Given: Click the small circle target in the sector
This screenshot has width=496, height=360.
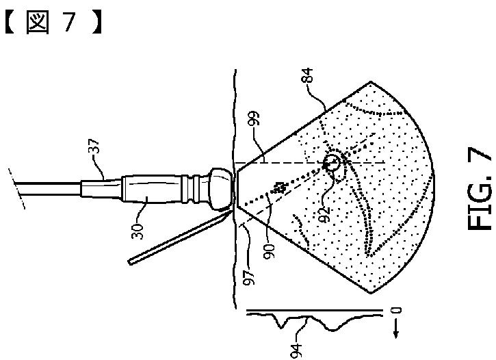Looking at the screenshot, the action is click(331, 164).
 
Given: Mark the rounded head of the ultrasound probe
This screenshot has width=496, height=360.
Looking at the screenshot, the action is click(220, 188).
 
